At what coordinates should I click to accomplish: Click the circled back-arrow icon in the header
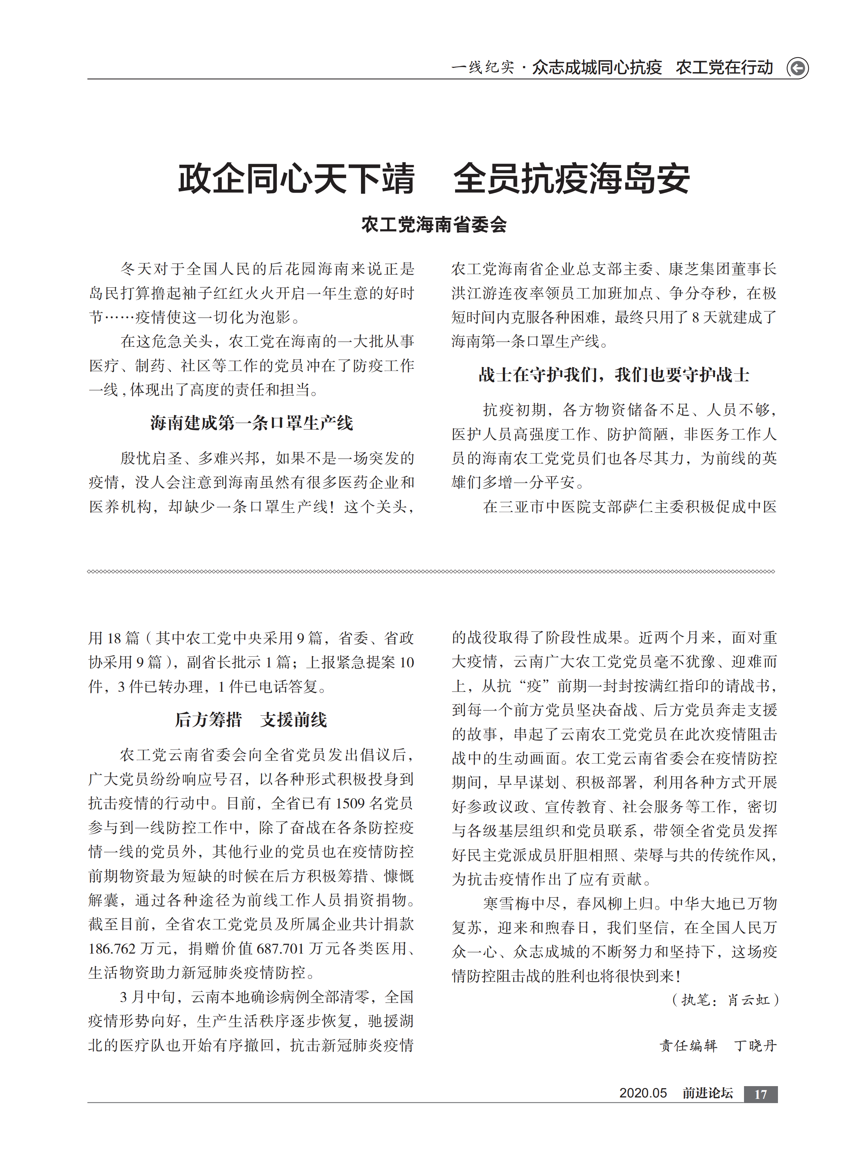[797, 68]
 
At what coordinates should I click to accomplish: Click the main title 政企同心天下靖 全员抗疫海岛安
[434, 178]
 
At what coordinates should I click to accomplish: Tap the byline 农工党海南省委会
[434, 225]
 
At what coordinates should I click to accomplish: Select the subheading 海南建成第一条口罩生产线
[252, 423]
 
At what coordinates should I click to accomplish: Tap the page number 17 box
[760, 1094]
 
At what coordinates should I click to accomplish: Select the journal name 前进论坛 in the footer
[707, 1093]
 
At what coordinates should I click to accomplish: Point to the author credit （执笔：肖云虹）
[725, 1000]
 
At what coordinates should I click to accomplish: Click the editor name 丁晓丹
[755, 1045]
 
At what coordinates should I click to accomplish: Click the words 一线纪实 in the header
[482, 68]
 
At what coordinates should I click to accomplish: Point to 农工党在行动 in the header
[724, 68]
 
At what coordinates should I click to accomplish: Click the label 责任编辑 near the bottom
[688, 1045]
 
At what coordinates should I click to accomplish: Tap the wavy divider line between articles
[431, 572]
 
